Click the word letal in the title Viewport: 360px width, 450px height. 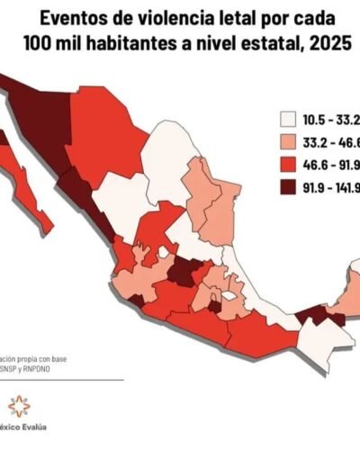coord(238,17)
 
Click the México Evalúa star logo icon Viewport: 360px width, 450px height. coord(17,406)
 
